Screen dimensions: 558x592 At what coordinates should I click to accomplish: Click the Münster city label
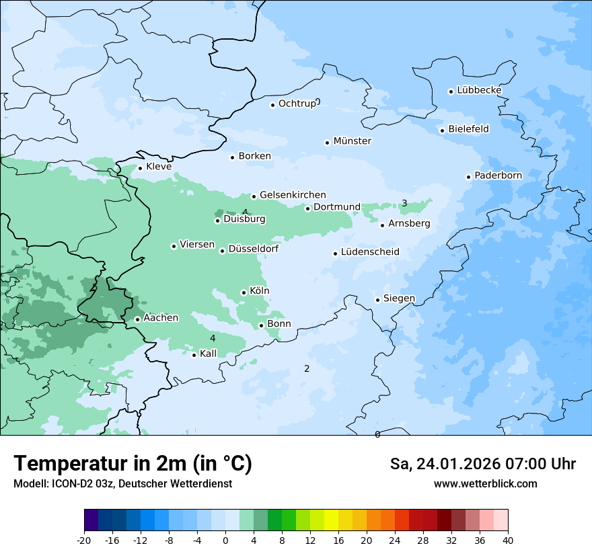(x=353, y=141)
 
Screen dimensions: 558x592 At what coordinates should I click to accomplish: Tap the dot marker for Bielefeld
(x=442, y=130)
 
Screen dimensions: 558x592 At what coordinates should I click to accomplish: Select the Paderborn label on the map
(x=498, y=175)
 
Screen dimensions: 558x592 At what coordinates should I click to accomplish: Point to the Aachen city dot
(x=137, y=319)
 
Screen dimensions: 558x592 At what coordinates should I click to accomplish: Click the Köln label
(x=259, y=291)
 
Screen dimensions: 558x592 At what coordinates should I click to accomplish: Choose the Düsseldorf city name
(x=254, y=249)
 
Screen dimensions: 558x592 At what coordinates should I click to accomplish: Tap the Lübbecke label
(x=479, y=90)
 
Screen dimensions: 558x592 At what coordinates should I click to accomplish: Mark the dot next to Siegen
(x=378, y=300)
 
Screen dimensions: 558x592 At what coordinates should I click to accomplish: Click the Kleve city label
(x=159, y=167)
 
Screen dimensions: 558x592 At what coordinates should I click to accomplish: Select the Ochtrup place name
(x=297, y=104)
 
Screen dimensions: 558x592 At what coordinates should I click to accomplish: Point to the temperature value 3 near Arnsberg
(x=404, y=203)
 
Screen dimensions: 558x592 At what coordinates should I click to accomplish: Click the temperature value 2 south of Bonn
(x=307, y=368)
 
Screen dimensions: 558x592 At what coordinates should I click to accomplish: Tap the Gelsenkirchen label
(x=293, y=195)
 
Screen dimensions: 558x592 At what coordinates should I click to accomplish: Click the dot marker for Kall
(x=194, y=355)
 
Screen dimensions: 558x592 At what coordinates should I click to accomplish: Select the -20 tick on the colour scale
(x=84, y=541)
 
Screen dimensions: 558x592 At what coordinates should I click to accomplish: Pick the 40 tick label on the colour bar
(x=508, y=541)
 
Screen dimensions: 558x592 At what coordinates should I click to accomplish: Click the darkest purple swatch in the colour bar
(x=91, y=520)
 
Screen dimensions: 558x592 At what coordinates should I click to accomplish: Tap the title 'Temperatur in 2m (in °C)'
(x=133, y=464)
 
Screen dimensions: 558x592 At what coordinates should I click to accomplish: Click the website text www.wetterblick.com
(x=485, y=483)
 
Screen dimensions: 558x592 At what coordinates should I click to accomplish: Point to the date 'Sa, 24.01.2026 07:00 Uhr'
(x=482, y=464)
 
